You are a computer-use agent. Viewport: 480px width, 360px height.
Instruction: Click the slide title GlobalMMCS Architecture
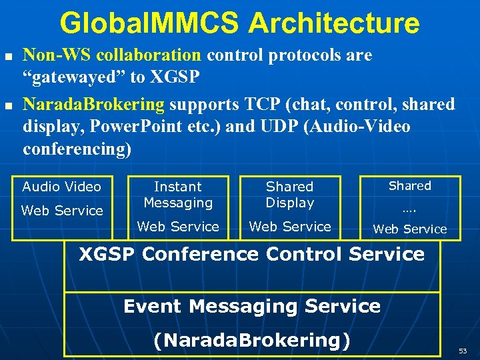coord(240,23)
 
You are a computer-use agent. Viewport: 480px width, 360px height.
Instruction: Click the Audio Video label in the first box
coord(61,187)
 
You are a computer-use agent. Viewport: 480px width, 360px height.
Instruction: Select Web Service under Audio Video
coord(62,211)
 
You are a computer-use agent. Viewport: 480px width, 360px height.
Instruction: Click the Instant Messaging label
coord(178,195)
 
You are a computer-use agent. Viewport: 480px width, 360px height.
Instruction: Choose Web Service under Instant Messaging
coord(178,227)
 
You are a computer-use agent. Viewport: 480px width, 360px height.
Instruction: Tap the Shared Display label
coord(289,195)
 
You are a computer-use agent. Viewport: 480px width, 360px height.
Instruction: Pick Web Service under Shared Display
coord(289,227)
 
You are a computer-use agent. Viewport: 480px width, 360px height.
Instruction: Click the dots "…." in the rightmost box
coord(409,209)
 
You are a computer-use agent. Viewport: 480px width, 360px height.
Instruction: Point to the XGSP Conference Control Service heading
coord(251,254)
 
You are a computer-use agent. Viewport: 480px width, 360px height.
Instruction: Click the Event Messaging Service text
coord(251,307)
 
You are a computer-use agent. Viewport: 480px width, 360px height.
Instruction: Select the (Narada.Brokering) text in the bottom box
coord(251,340)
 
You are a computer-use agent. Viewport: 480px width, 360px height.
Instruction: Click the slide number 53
coord(462,350)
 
